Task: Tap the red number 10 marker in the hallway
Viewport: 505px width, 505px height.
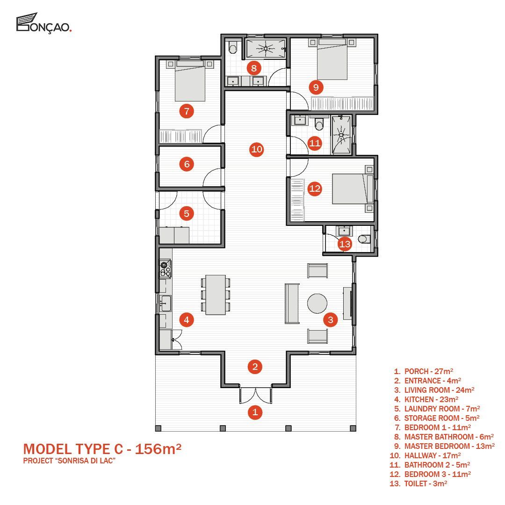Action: pyautogui.click(x=257, y=150)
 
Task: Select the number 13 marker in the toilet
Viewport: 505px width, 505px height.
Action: pyautogui.click(x=345, y=244)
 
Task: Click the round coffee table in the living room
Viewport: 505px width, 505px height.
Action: pyautogui.click(x=317, y=303)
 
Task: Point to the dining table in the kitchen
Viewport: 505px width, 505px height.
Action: pyautogui.click(x=216, y=295)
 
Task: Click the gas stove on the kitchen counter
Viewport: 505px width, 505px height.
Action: pyautogui.click(x=166, y=269)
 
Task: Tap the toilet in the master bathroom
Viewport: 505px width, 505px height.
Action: pyautogui.click(x=232, y=47)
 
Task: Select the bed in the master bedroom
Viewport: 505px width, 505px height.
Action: pyautogui.click(x=332, y=59)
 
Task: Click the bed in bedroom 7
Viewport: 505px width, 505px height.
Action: pyautogui.click(x=190, y=80)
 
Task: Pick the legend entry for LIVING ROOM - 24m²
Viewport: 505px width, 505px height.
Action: pyautogui.click(x=434, y=390)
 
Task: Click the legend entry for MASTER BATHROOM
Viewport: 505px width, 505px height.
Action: pyautogui.click(x=444, y=437)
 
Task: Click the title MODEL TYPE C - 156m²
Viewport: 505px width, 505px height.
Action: pyautogui.click(x=102, y=449)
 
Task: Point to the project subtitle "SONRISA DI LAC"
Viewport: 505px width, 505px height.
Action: pyautogui.click(x=69, y=461)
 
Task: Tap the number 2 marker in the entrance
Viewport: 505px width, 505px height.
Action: pyautogui.click(x=255, y=367)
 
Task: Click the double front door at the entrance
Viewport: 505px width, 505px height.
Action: pyautogui.click(x=255, y=395)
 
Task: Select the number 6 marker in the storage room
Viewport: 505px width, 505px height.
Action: pyautogui.click(x=187, y=164)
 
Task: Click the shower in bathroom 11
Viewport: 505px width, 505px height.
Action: pyautogui.click(x=341, y=134)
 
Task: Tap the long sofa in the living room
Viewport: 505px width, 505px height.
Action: pyautogui.click(x=292, y=303)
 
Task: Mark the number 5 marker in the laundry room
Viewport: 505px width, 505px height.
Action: pyautogui.click(x=187, y=214)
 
